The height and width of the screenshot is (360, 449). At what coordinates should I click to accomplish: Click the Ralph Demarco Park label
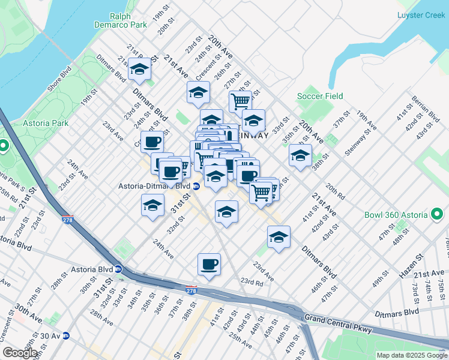pos(121,20)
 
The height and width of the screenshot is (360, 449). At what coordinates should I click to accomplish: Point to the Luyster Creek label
pos(421,15)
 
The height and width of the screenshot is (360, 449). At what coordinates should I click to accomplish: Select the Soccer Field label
pos(320,96)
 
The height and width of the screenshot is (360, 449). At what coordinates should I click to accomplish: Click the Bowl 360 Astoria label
pos(396,215)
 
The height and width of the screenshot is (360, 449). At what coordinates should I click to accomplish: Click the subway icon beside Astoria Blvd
pos(118,269)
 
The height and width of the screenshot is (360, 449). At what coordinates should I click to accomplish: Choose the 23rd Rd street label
pos(252,281)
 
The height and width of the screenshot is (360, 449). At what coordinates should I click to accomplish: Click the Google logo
pos(20,353)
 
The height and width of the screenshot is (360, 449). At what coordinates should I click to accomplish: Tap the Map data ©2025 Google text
pos(411,355)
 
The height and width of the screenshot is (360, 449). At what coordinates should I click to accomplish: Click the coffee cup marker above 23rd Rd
pos(209,264)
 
